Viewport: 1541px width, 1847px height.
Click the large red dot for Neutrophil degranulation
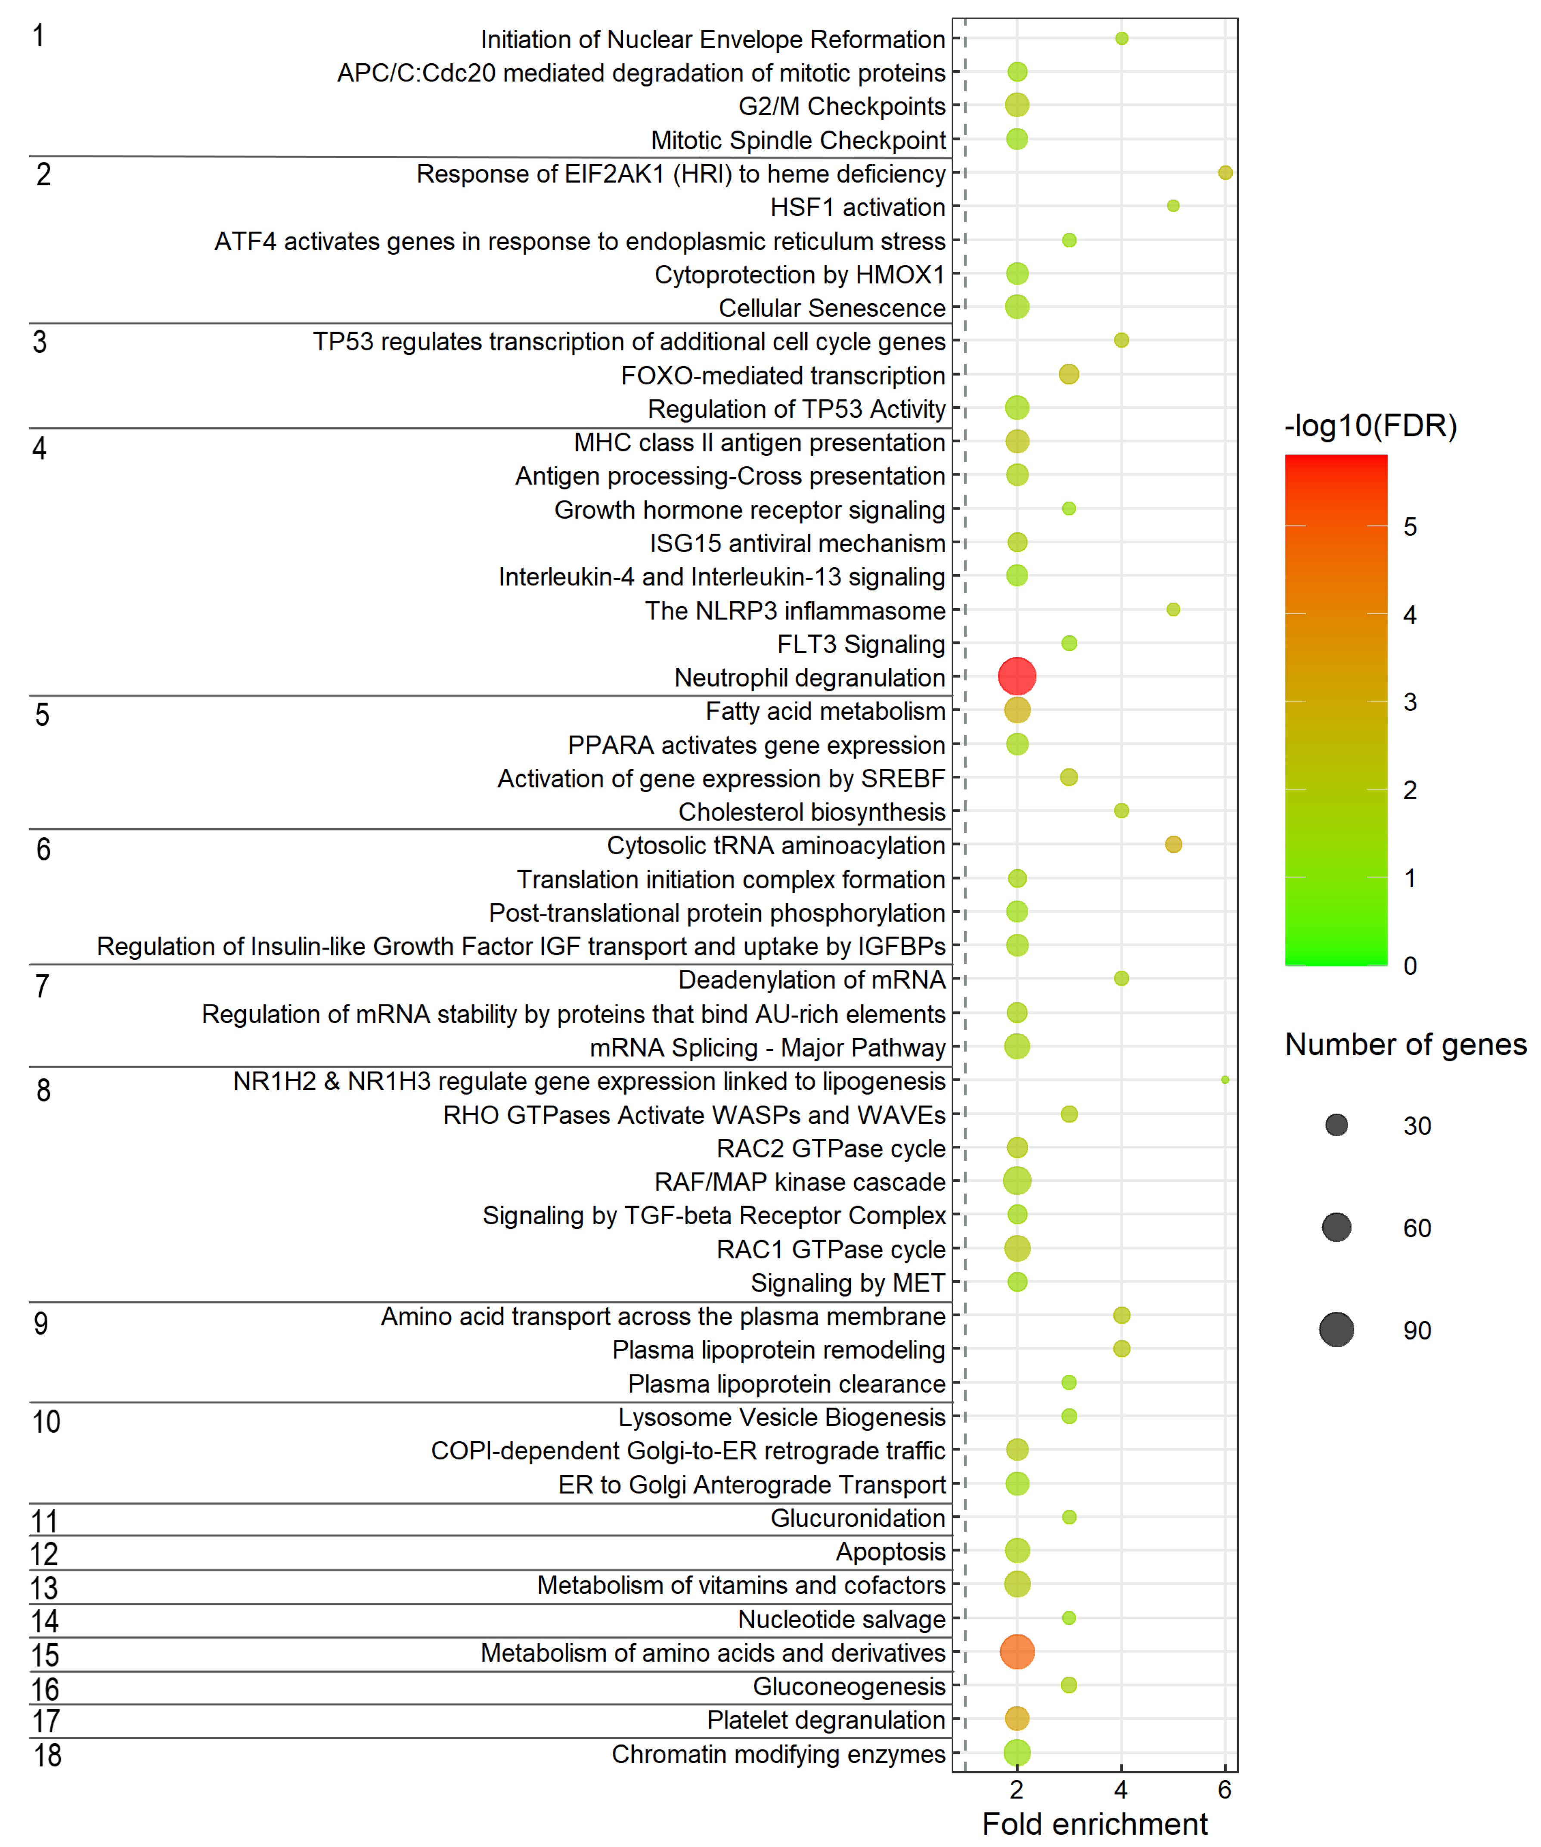click(x=1017, y=676)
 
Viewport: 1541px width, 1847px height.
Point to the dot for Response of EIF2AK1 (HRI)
click(x=1225, y=172)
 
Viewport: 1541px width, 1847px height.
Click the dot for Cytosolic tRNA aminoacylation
click(x=1173, y=844)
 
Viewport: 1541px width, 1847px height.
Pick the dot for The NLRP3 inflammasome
click(x=1173, y=609)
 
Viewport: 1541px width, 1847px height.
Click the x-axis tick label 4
click(x=1121, y=1790)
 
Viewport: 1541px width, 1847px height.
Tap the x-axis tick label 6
click(x=1225, y=1790)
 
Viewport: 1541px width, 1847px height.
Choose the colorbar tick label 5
click(x=1410, y=527)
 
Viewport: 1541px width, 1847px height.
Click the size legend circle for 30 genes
click(x=1336, y=1125)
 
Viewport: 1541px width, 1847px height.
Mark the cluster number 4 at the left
click(x=40, y=448)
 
